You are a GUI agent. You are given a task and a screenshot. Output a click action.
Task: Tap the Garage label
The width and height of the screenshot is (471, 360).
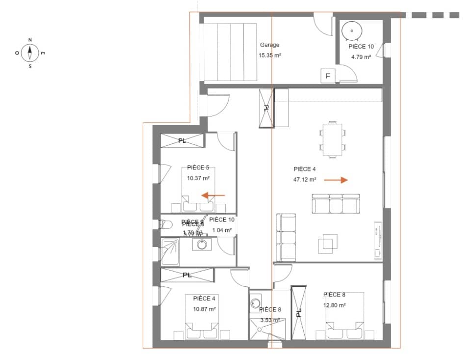point(269,45)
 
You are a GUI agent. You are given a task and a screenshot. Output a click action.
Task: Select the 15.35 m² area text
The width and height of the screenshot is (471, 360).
point(269,55)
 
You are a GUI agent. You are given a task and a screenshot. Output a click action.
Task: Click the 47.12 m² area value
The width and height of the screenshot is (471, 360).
point(305,180)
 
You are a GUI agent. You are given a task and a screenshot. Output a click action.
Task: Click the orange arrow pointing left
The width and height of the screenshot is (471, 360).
point(213,195)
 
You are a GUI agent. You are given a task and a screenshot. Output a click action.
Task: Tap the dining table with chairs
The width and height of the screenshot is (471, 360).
point(333,139)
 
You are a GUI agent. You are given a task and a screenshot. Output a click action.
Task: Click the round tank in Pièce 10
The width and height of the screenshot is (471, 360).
point(351,30)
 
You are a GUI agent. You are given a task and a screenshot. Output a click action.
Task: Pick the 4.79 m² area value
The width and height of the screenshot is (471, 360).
point(361,57)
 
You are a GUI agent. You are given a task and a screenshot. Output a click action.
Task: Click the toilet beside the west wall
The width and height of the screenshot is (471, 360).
point(165,224)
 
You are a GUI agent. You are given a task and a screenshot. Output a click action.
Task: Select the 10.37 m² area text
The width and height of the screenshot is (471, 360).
point(198,178)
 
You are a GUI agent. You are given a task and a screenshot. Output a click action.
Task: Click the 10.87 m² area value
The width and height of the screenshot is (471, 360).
point(205,309)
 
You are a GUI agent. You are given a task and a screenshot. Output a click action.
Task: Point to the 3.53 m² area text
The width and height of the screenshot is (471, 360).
point(270,320)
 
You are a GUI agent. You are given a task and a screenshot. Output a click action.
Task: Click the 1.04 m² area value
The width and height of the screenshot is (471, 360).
point(223,230)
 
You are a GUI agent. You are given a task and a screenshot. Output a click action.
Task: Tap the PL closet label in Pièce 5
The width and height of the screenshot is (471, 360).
point(182,141)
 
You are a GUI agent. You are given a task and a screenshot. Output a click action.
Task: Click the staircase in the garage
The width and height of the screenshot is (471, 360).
point(230,51)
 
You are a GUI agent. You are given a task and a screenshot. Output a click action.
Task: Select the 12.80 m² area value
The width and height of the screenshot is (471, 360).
point(335,305)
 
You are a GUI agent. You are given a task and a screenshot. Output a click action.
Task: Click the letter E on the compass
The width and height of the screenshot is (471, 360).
point(43,53)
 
